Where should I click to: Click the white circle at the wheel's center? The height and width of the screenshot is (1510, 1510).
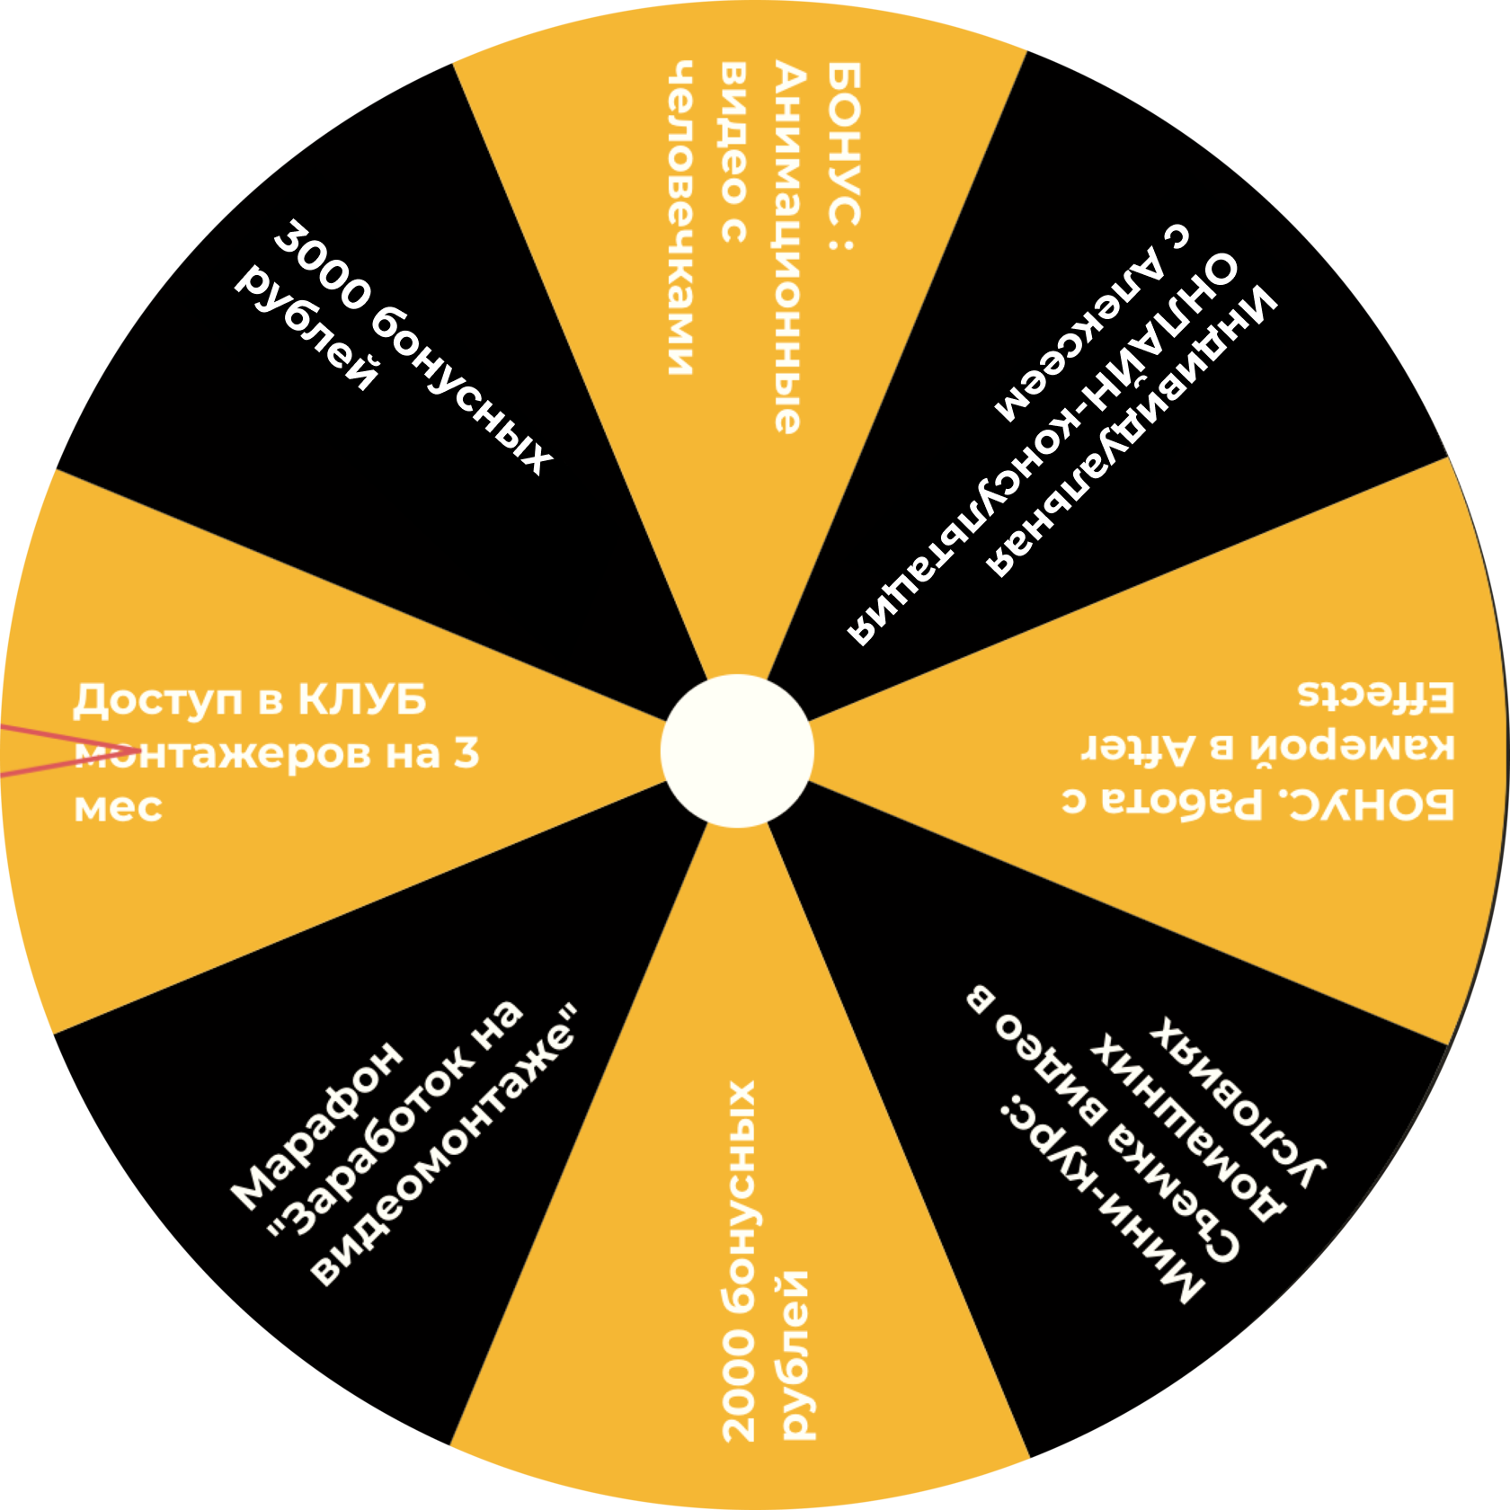coord(737,751)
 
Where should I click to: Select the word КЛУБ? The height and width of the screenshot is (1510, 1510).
coord(361,700)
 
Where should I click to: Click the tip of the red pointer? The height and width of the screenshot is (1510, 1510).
coord(139,750)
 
